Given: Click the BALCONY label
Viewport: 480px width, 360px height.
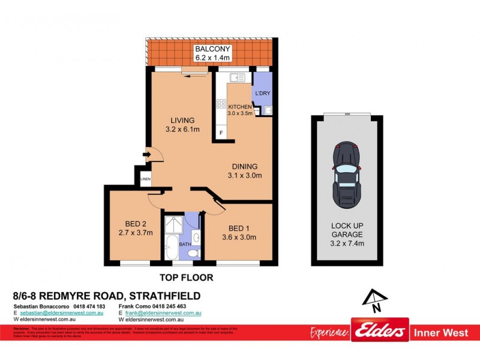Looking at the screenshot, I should pyautogui.click(x=209, y=49).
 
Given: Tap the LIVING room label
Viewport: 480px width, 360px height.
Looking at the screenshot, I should pyautogui.click(x=182, y=120).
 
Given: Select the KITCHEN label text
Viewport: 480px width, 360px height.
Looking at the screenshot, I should pyautogui.click(x=239, y=107).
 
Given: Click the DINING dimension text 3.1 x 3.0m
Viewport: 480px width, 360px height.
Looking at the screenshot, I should pyautogui.click(x=245, y=176).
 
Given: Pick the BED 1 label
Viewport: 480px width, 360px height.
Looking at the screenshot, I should pyautogui.click(x=239, y=227).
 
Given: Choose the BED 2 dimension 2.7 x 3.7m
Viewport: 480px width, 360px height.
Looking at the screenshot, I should pyautogui.click(x=136, y=233).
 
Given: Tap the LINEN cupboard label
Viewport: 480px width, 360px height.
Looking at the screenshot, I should pyautogui.click(x=145, y=179).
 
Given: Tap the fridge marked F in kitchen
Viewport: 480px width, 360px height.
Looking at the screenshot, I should pyautogui.click(x=221, y=132).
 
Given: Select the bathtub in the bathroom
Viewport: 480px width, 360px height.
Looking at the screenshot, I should pyautogui.click(x=170, y=248).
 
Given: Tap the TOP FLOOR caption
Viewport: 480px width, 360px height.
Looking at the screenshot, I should pyautogui.click(x=186, y=278).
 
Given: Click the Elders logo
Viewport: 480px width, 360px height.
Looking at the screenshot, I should pyautogui.click(x=380, y=331).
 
